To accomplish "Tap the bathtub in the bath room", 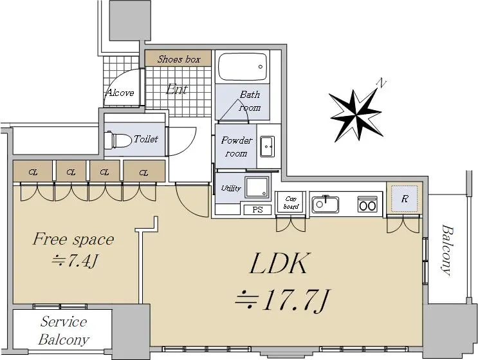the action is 243,67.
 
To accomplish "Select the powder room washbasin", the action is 267,146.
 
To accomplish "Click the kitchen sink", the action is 326,204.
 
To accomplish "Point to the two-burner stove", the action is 367,204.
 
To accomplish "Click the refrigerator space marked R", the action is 404,199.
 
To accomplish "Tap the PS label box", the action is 257,210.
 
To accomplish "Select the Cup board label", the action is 291,203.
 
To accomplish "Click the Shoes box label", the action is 179,59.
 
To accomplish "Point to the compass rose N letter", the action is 381,83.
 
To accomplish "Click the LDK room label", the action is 278,263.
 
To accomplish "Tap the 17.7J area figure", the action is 282,301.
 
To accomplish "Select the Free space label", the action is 73,239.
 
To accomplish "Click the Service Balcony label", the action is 64,331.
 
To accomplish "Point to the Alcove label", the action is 120,93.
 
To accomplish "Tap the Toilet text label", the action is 146,139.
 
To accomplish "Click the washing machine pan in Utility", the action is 257,187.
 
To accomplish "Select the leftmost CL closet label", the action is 33,173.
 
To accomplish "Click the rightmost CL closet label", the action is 143,173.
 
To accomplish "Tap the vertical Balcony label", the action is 446,250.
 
